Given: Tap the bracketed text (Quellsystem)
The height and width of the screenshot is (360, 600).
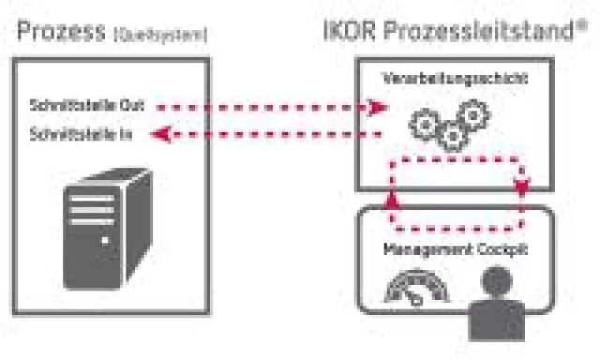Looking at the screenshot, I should point(161,36).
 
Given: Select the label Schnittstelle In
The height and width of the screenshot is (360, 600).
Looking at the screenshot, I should point(81,135).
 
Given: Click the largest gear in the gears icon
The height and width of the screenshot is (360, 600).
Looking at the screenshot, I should point(425,122).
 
